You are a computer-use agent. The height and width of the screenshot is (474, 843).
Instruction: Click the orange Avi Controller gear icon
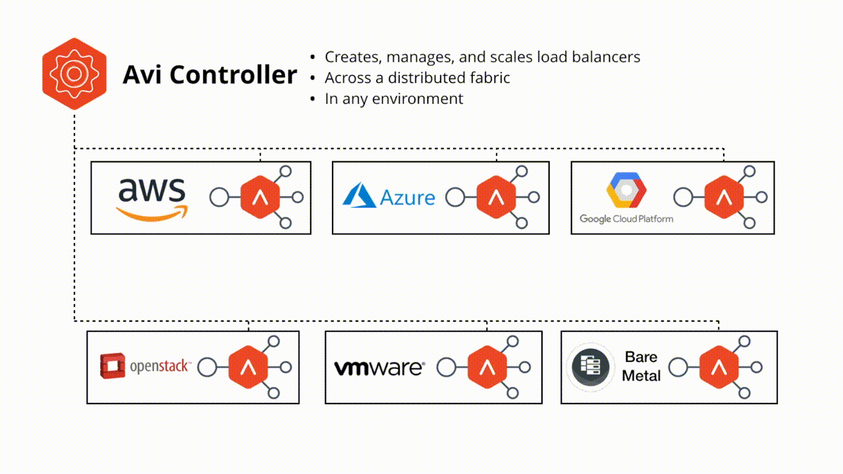coord(74,74)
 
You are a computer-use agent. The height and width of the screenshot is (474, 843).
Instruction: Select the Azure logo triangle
coord(360,196)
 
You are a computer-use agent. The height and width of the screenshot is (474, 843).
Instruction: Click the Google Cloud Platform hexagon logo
coord(626,190)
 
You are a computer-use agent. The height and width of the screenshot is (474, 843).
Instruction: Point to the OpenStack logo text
coord(160,366)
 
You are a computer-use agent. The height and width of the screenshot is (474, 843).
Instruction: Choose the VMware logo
coord(379,367)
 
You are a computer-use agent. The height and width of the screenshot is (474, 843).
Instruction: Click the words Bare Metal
coord(641,367)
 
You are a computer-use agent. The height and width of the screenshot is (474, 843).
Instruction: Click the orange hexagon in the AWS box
coord(260,197)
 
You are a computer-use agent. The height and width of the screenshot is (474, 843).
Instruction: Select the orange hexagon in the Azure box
coord(496,197)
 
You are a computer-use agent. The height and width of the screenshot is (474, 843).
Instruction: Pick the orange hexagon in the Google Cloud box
coord(724,197)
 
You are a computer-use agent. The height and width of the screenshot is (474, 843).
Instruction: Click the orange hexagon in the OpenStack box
coord(248,367)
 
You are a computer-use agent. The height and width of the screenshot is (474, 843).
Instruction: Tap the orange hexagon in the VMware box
coord(487,367)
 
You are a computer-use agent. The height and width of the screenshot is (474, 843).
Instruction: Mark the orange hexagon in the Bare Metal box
coord(719,367)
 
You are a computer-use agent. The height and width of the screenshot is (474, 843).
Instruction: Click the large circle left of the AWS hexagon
coord(219,197)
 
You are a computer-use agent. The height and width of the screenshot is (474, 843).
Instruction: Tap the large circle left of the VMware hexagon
coord(447,367)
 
